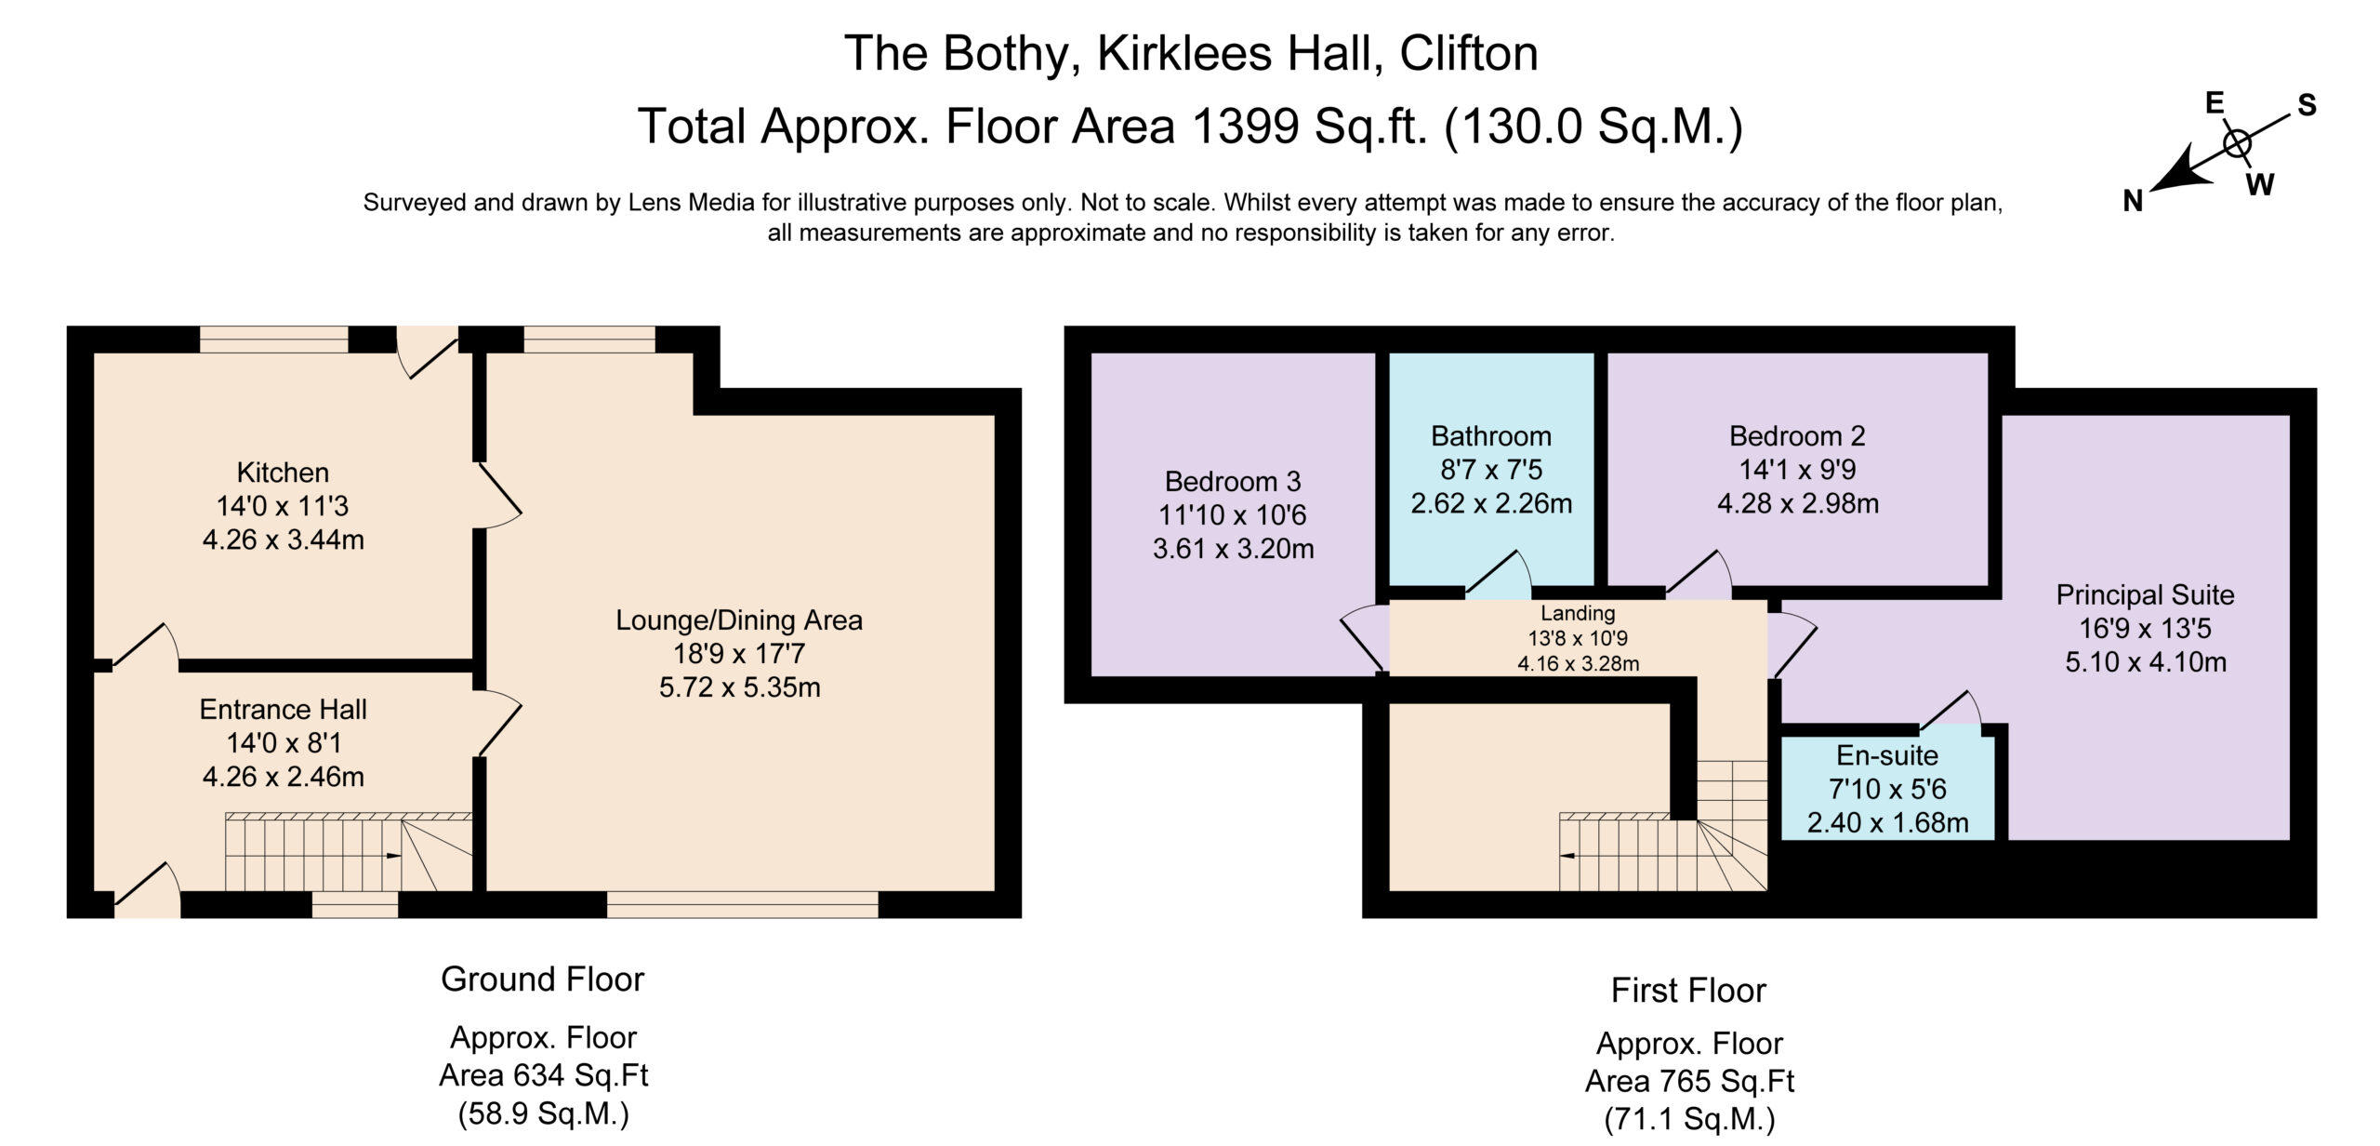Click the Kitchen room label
283,473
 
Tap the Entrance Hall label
283,710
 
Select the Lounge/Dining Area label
739,620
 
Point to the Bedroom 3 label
1233,482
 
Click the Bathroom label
1491,436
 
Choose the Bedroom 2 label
1797,436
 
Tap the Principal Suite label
2145,595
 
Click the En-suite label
1887,755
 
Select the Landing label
1578,613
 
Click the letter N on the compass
2133,201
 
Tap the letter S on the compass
2307,105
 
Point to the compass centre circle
2237,144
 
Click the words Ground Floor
542,979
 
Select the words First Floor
1688,991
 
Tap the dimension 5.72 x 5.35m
739,687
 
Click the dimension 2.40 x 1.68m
1887,823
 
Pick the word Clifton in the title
1469,53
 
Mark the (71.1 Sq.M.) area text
1689,1118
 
